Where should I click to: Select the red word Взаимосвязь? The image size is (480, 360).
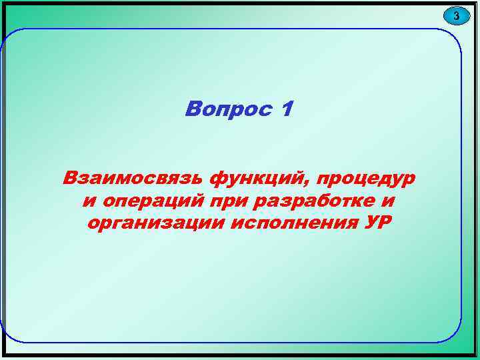tap(133, 179)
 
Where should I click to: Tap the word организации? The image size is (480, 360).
tap(155, 223)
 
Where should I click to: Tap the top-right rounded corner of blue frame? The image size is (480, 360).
tap(453, 37)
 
